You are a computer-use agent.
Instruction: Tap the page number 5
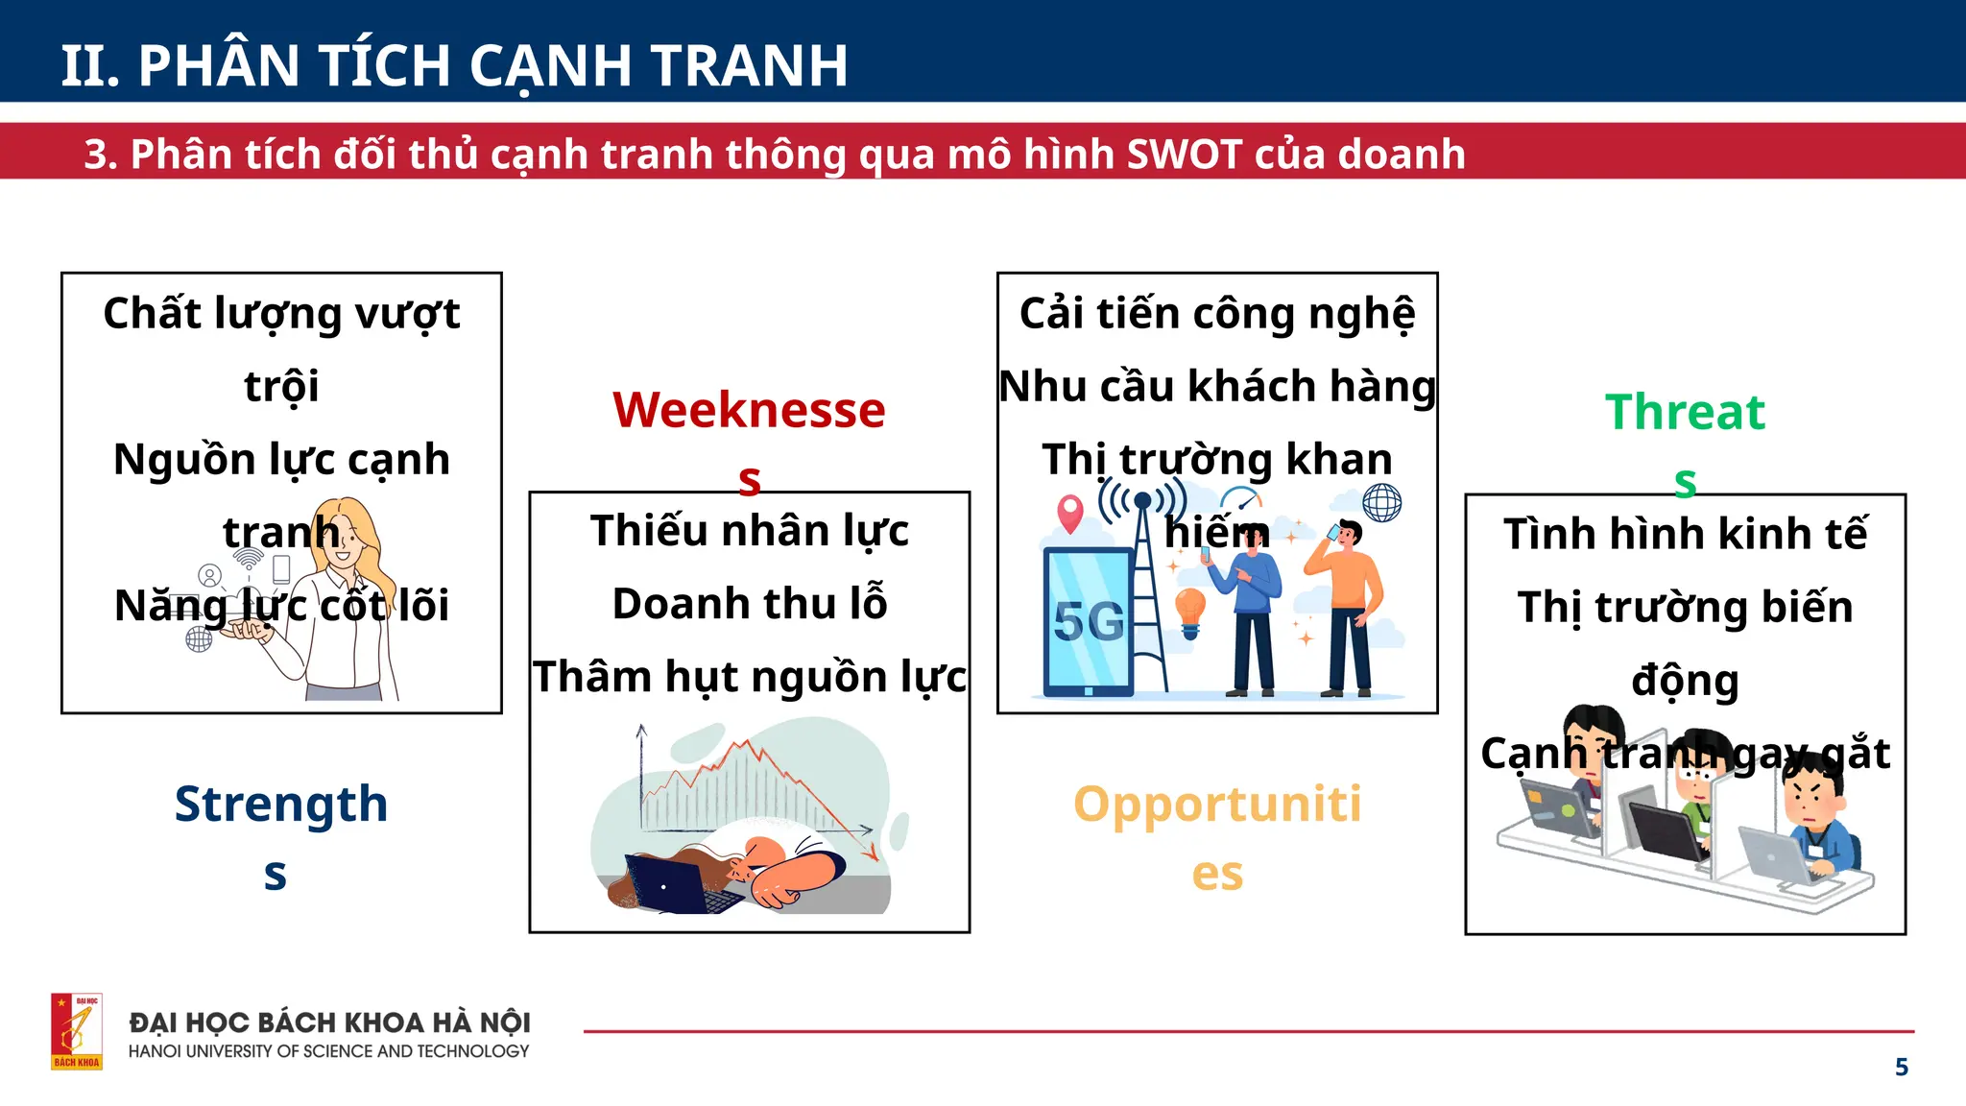tap(1901, 1067)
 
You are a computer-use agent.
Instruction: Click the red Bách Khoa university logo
tap(77, 1031)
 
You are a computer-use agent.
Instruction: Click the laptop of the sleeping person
tap(672, 883)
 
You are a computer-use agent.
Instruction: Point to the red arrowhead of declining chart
tap(871, 853)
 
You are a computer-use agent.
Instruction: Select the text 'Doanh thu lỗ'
tap(750, 604)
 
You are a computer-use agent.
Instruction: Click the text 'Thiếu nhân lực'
tap(750, 531)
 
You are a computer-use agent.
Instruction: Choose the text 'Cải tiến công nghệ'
tap(1217, 314)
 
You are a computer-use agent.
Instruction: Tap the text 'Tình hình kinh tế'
tap(1685, 534)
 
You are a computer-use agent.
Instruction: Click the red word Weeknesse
tap(749, 411)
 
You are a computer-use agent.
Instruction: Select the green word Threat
tap(1685, 413)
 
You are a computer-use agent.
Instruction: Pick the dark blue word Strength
tap(280, 805)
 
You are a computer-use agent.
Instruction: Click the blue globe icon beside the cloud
tap(1381, 502)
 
